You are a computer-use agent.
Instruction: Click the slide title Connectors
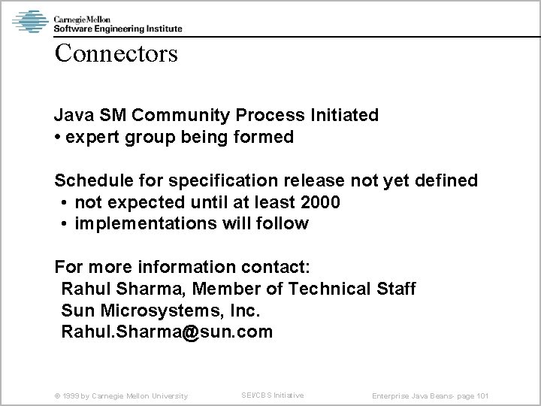tap(115, 53)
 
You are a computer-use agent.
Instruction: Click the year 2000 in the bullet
tap(319, 202)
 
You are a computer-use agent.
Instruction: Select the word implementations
tap(138, 224)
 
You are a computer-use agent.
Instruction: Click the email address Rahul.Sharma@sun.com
tap(167, 332)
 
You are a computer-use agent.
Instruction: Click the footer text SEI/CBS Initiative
tap(272, 395)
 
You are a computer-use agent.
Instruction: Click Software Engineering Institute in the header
tap(117, 29)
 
